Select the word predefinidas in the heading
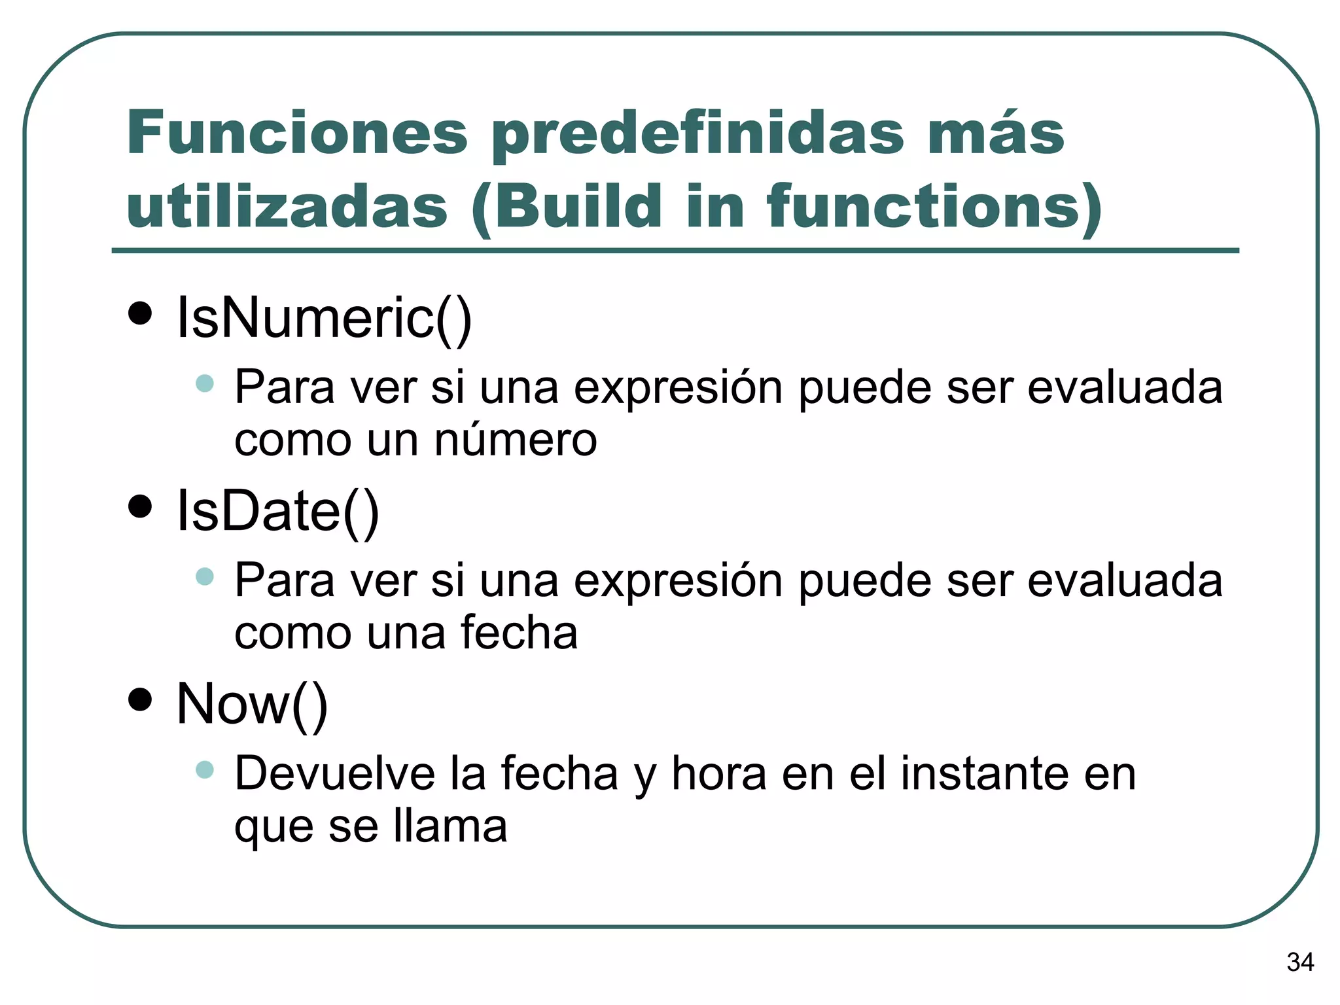tap(697, 135)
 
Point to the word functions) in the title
tap(935, 208)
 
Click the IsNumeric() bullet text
tap(324, 317)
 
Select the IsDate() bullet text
tap(278, 511)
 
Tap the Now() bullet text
tap(252, 704)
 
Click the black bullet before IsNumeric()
tap(140, 313)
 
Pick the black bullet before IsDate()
tap(140, 506)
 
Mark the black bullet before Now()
tap(140, 699)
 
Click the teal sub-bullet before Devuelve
tap(205, 769)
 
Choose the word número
tap(516, 440)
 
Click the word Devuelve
tap(334, 773)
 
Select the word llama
tap(451, 826)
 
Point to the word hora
tap(719, 773)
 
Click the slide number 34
tap(1300, 962)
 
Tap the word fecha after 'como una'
tap(519, 633)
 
